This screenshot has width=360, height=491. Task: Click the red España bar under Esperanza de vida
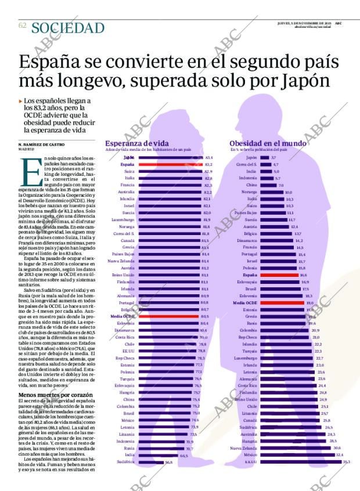coord(170,165)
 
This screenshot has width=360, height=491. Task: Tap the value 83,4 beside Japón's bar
coord(209,157)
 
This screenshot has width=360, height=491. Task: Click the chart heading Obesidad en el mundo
coord(268,143)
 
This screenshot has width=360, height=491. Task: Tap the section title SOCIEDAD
coord(68,28)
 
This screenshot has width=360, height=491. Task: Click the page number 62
coord(23,26)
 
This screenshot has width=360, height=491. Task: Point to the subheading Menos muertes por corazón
coord(52,395)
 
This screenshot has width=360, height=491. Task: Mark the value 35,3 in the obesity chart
coord(347,462)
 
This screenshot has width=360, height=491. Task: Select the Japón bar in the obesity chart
coord(264,157)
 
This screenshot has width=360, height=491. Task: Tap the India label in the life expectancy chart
coord(129,455)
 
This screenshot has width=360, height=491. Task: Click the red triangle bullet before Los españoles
coord(21,100)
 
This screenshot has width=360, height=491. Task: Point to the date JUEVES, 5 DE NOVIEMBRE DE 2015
coord(305,23)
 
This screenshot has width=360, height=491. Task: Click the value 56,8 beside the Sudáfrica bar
coord(168,463)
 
